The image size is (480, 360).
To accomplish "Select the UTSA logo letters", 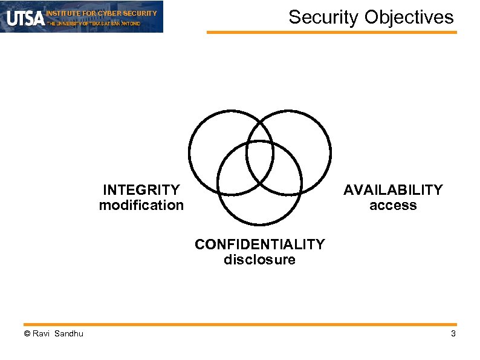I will (x=25, y=18).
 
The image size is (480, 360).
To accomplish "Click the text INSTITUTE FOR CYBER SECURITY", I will (x=102, y=13).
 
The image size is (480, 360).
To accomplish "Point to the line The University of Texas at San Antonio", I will (x=94, y=24).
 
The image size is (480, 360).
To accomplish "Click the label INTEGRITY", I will (x=141, y=190).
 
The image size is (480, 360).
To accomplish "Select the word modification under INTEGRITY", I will (x=141, y=205).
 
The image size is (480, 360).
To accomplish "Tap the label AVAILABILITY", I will (x=393, y=190).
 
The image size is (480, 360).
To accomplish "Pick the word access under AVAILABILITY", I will (x=393, y=206).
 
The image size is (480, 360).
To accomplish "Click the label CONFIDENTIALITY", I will (x=259, y=244).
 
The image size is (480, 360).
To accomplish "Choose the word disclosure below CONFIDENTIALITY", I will (x=259, y=260).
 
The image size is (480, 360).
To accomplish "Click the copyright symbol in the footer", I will (x=26, y=334).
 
